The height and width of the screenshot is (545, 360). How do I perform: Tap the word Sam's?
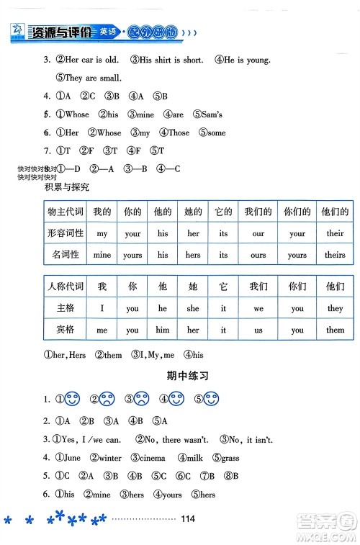point(212,114)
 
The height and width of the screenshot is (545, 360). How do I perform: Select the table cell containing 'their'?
point(335,233)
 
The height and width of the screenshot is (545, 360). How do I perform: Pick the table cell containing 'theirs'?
point(335,255)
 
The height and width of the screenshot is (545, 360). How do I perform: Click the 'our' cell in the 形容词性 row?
point(258,233)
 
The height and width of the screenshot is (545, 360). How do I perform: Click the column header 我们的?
point(258,212)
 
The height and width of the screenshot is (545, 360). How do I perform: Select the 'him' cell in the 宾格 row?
point(163,330)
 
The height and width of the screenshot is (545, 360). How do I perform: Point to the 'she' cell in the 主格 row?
point(193,308)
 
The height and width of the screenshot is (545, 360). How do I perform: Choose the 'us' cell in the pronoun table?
point(258,330)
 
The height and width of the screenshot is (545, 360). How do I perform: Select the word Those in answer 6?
point(179,132)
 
